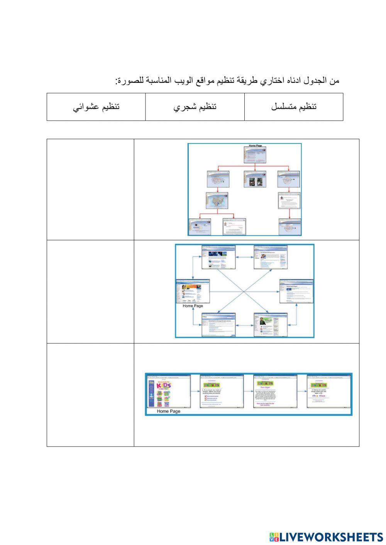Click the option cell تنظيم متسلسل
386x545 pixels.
click(294, 107)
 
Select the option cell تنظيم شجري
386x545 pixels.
click(195, 107)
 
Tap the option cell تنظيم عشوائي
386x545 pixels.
click(96, 107)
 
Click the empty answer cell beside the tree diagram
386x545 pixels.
click(90, 189)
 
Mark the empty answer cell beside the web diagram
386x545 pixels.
click(90, 292)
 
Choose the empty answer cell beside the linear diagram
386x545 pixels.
click(90, 395)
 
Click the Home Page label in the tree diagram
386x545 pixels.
click(255, 146)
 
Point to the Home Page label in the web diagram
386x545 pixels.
click(193, 306)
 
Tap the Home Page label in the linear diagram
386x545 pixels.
click(169, 411)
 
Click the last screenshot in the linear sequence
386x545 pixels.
click(328, 391)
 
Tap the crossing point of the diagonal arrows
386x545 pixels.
click(244, 292)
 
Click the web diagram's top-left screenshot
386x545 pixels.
click(218, 257)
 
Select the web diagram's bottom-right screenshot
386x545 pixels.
click(270, 325)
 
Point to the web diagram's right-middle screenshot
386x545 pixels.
click(296, 292)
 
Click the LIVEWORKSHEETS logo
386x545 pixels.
click(326, 537)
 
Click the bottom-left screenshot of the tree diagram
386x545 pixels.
click(200, 227)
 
